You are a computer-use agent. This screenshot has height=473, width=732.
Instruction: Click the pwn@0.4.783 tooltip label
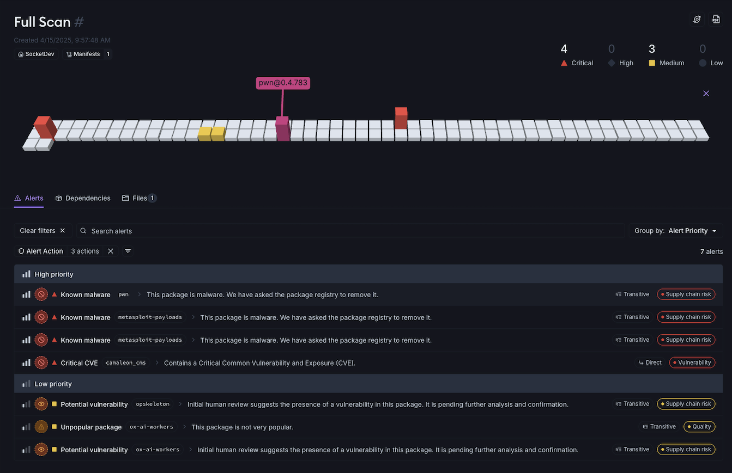point(283,83)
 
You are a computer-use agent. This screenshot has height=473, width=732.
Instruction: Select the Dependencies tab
point(83,198)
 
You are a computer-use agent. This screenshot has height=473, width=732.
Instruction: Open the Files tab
point(139,198)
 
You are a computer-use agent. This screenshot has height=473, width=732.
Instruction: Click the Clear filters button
point(43,231)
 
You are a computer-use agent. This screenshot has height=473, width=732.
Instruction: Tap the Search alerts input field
point(349,231)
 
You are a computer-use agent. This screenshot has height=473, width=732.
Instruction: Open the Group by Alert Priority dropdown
point(676,231)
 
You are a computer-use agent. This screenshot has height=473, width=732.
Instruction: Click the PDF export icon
point(716,20)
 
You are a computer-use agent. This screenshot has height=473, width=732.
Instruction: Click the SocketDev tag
point(37,54)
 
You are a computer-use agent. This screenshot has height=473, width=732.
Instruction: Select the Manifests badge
point(87,54)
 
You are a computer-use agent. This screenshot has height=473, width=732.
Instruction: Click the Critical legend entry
point(577,63)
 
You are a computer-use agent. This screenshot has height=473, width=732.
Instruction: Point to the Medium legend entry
point(667,63)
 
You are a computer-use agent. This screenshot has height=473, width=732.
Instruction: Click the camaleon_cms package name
point(126,363)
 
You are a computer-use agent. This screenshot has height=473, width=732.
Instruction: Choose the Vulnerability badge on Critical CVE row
point(692,363)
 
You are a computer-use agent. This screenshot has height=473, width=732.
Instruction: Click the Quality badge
point(699,427)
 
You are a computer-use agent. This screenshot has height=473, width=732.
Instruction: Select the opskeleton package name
point(152,404)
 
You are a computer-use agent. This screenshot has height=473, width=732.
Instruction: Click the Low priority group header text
point(53,384)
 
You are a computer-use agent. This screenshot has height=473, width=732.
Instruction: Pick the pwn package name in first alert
point(123,294)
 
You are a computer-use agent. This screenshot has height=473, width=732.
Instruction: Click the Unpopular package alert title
point(91,427)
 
